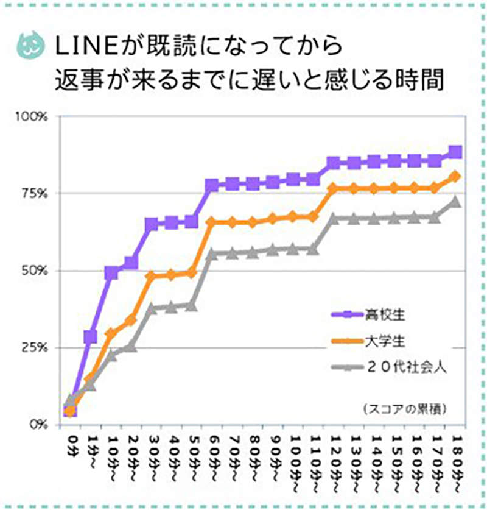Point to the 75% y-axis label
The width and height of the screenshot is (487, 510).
tap(40, 193)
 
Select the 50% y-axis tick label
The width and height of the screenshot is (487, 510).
tap(40, 271)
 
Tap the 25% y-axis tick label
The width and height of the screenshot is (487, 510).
tap(40, 347)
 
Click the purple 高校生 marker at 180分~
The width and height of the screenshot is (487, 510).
tap(455, 152)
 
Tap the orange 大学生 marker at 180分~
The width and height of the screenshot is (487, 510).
tap(455, 177)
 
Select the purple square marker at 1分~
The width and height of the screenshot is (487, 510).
tap(91, 337)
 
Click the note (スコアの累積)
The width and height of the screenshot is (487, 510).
tap(403, 408)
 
